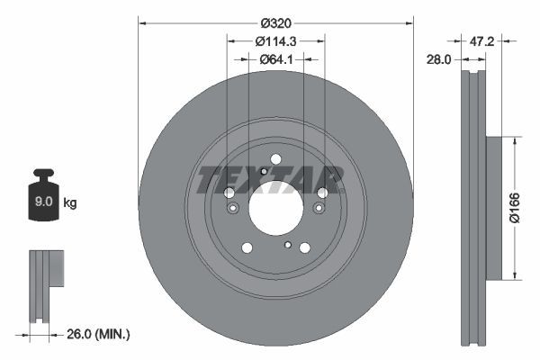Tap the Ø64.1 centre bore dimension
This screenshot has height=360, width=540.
275,59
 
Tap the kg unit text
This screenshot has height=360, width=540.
70,203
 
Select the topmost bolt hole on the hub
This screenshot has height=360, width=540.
275,160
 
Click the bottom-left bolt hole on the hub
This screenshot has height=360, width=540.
246,248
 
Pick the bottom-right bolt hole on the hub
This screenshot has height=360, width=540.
304,247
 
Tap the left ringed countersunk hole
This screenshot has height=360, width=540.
232,209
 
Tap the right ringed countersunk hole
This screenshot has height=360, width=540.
318,209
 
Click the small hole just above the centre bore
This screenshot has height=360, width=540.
263,171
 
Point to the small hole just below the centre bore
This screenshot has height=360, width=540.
287,245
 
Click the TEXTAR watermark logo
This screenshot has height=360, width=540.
271,179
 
